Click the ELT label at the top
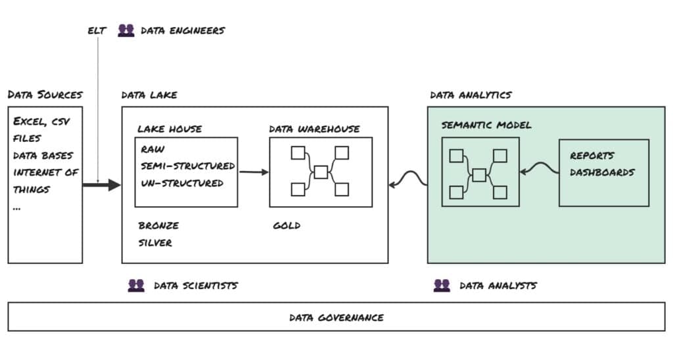pos(97,30)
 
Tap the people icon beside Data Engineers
pos(126,30)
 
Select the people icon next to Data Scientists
pos(136,285)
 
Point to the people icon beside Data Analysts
pos(442,285)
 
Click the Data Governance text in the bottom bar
pos(336,317)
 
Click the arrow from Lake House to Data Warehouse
pos(254,172)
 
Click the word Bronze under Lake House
pos(158,225)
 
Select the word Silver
pos(155,242)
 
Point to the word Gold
pos(287,225)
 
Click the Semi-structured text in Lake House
pos(187,166)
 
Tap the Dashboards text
pos(603,172)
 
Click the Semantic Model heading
pos(486,125)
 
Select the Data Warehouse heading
pos(314,129)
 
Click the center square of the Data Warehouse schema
pos(321,172)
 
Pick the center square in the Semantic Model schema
pos(479,175)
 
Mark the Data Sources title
pos(45,95)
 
